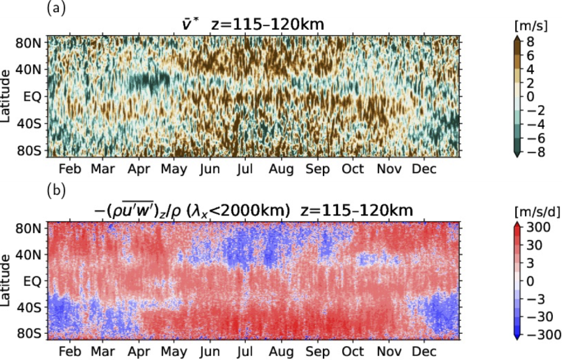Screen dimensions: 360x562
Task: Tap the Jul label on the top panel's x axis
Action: (246, 169)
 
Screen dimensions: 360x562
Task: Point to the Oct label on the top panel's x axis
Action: (353, 169)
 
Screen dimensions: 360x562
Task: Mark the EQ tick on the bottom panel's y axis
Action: (32, 282)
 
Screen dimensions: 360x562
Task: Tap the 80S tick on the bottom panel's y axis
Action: (28, 333)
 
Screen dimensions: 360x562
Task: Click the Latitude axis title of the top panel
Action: (7, 96)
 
